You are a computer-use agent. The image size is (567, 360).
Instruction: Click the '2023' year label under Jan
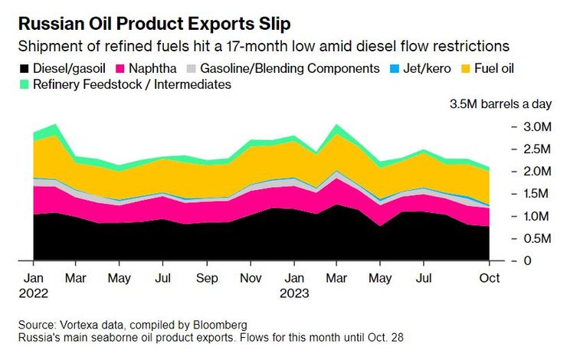294,293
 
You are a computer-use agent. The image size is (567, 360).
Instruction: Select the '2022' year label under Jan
33,293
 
